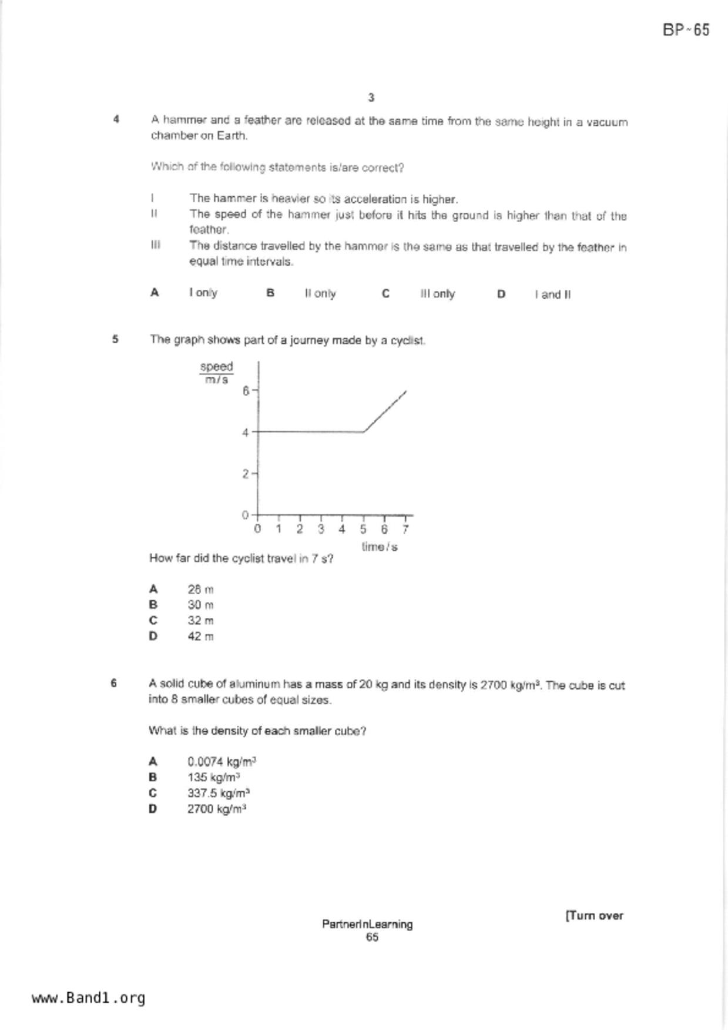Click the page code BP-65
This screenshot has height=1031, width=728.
[686, 30]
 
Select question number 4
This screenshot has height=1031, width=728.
[116, 119]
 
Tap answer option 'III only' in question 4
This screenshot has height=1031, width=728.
[437, 294]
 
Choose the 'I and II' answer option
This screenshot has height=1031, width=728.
[552, 294]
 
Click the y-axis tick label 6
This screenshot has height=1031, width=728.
[246, 390]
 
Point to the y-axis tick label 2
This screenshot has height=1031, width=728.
[246, 474]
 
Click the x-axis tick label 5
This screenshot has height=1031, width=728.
[363, 529]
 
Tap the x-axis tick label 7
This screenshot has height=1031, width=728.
[405, 529]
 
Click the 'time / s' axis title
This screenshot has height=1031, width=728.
[380, 547]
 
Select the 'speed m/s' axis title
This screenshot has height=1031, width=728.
[216, 373]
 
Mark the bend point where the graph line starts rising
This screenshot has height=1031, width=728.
[364, 432]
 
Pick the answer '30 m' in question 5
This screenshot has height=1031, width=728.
[200, 605]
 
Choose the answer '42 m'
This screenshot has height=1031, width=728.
[200, 636]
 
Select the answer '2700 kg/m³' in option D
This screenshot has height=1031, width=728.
[216, 809]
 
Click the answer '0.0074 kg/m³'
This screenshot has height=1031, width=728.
[222, 762]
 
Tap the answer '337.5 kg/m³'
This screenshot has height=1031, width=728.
[219, 793]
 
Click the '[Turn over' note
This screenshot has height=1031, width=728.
[594, 915]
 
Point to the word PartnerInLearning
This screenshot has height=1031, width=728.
[367, 924]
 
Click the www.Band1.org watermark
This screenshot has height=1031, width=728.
[88, 998]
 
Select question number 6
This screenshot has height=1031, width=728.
[114, 683]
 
